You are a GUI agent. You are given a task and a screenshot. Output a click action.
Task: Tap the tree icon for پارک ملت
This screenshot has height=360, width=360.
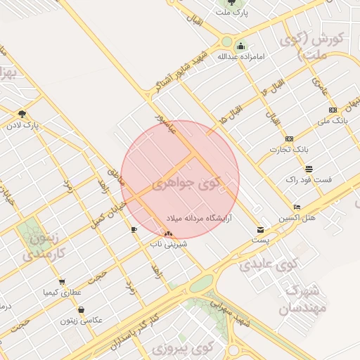pyautogui.click(x=231, y=2)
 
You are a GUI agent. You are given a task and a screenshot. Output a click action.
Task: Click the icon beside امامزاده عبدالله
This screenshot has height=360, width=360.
pyautogui.click(x=240, y=46)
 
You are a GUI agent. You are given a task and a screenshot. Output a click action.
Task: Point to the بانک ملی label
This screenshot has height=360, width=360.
pyautogui.click(x=333, y=121)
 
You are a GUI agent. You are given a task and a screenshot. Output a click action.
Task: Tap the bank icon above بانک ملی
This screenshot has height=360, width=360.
pyautogui.click(x=333, y=110)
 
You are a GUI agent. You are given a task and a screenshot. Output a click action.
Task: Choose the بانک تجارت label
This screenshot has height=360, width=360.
pyautogui.click(x=290, y=150)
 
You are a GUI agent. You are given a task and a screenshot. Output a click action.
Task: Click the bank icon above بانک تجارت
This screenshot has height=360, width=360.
pyautogui.click(x=289, y=139)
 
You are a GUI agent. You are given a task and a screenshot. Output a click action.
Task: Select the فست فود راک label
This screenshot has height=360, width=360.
pyautogui.click(x=309, y=180)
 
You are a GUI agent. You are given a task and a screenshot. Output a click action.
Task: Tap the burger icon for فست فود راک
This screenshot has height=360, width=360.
pyautogui.click(x=309, y=169)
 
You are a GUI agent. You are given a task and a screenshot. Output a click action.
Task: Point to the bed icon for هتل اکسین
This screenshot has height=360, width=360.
pyautogui.click(x=297, y=207)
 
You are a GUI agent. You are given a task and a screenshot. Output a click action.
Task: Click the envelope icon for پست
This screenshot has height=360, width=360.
pyautogui.click(x=261, y=230)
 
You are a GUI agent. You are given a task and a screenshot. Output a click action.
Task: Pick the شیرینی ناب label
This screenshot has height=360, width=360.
pyautogui.click(x=167, y=244)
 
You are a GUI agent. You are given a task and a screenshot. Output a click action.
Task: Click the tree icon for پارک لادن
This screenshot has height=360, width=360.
pyautogui.click(x=22, y=114)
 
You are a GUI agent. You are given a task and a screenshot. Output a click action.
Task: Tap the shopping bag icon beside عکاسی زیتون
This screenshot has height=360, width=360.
pyautogui.click(x=82, y=310)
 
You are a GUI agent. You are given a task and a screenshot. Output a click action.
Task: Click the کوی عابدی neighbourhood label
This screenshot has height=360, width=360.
pyautogui.click(x=268, y=265)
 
